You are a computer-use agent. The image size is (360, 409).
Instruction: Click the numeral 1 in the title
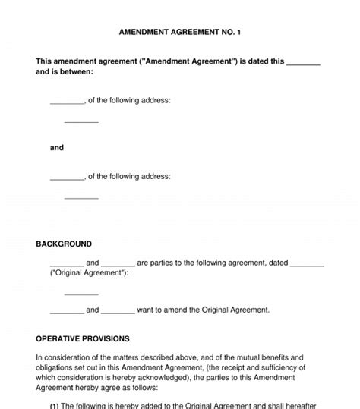[239, 33]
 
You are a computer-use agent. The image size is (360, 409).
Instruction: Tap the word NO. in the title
[225, 33]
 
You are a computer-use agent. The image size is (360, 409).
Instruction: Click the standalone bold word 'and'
[57, 147]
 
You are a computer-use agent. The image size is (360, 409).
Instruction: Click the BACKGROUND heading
[64, 244]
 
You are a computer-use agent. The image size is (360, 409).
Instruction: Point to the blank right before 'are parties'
[118, 263]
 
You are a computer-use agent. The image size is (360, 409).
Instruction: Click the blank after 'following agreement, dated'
[308, 263]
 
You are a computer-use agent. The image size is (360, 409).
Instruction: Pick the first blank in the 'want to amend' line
[67, 310]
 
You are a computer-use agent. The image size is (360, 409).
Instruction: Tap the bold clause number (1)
[55, 406]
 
